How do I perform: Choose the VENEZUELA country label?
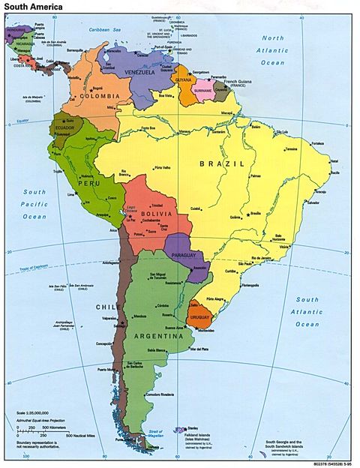136,73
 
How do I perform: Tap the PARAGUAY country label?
183,254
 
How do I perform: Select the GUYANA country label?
183,78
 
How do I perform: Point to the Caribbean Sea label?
107,29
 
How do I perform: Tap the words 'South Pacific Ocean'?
34,203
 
